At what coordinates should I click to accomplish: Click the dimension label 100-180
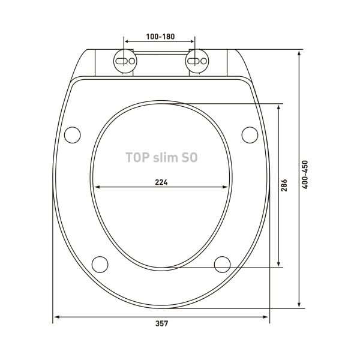pos(160,37)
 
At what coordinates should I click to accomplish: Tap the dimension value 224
pos(161,182)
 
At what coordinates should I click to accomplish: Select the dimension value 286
pos(284,185)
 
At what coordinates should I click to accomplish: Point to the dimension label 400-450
pos(305,175)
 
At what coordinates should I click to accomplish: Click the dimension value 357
pos(162,324)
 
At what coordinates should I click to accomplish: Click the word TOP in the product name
pos(137,157)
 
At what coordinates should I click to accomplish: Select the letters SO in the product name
pos(190,157)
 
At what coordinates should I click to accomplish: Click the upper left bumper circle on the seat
pos(73,135)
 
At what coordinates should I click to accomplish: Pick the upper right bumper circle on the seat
pos(250,135)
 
